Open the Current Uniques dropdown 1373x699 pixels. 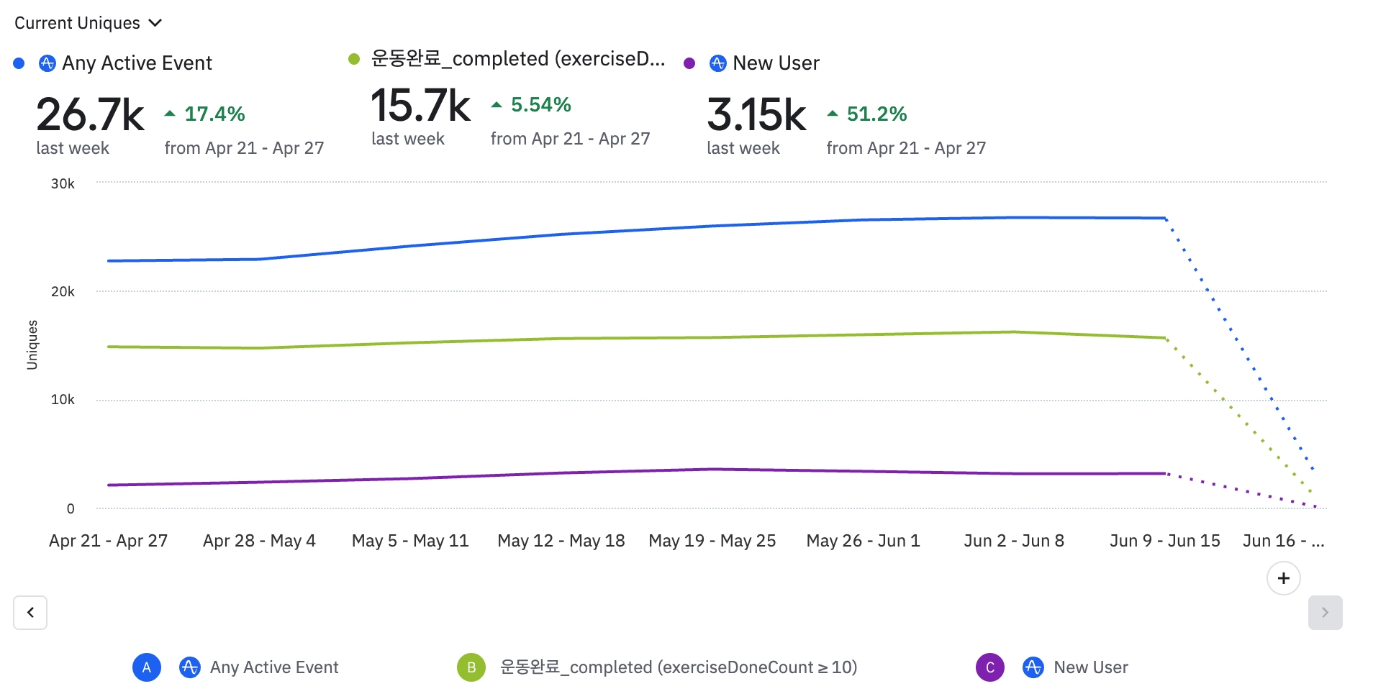[88, 23]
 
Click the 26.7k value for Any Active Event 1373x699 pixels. [90, 115]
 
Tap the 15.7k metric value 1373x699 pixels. [420, 106]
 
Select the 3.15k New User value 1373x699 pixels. [756, 115]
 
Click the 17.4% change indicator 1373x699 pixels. [206, 114]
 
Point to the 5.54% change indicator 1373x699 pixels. [532, 105]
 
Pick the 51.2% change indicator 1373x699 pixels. [868, 114]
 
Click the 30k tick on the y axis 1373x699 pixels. [63, 184]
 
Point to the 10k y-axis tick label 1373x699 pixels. [63, 400]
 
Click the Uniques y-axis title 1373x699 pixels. [32, 345]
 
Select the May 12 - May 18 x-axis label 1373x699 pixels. [561, 541]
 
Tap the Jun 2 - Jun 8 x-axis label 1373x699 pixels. [1014, 541]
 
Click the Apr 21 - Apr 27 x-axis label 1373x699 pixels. [109, 541]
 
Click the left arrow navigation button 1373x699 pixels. [30, 613]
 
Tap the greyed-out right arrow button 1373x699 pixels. [1325, 613]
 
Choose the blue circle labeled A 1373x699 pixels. [147, 667]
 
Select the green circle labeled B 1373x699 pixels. [471, 667]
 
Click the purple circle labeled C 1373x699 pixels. [990, 667]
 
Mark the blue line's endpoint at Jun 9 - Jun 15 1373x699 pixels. [1165, 218]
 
